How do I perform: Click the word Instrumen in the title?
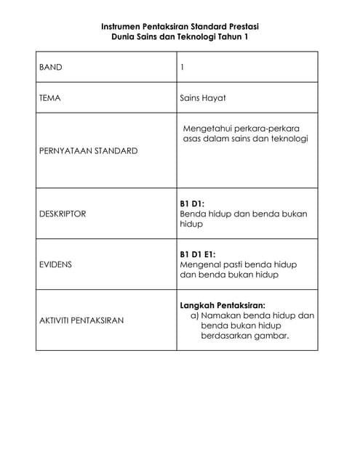(124, 26)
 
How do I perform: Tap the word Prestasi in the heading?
(241, 26)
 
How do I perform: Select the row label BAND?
(51, 67)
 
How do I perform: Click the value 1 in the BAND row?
(182, 67)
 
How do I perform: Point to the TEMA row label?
(50, 97)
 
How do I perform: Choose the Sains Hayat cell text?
(204, 97)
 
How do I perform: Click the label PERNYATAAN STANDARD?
(88, 151)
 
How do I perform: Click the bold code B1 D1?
(193, 204)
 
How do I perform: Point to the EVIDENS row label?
(55, 265)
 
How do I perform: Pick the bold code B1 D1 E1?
(198, 255)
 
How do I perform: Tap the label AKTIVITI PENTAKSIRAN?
(81, 320)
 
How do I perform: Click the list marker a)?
(195, 316)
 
